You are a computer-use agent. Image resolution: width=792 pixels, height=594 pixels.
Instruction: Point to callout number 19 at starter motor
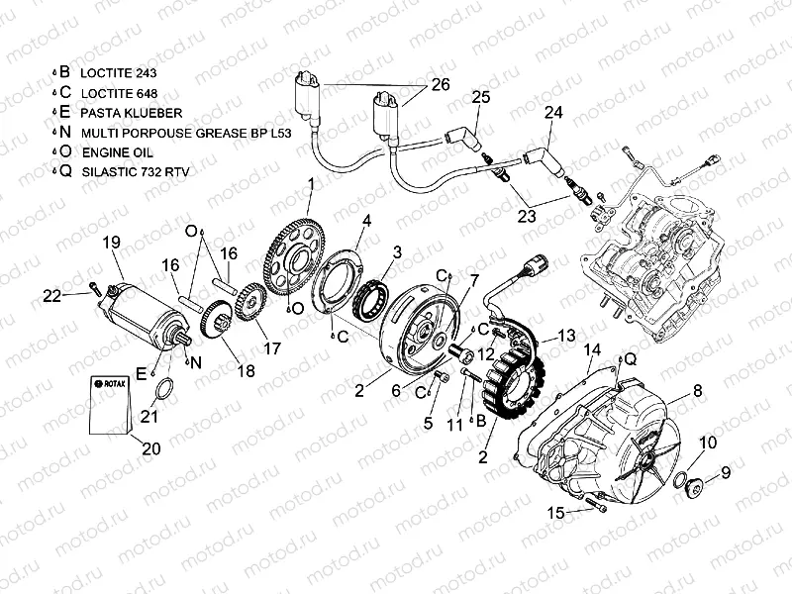pyautogui.click(x=110, y=242)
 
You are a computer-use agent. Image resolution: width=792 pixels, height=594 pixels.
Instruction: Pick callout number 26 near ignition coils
pyautogui.click(x=441, y=85)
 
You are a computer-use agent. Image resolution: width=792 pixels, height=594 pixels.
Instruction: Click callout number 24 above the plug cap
pyautogui.click(x=553, y=113)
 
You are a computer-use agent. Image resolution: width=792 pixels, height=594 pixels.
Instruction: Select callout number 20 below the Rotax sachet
pyautogui.click(x=150, y=448)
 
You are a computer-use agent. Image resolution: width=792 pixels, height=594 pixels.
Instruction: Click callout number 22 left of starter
pyautogui.click(x=50, y=294)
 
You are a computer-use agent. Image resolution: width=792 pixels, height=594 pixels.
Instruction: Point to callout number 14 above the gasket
pyautogui.click(x=592, y=349)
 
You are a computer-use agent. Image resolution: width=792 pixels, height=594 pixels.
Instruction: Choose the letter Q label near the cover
pyautogui.click(x=632, y=358)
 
